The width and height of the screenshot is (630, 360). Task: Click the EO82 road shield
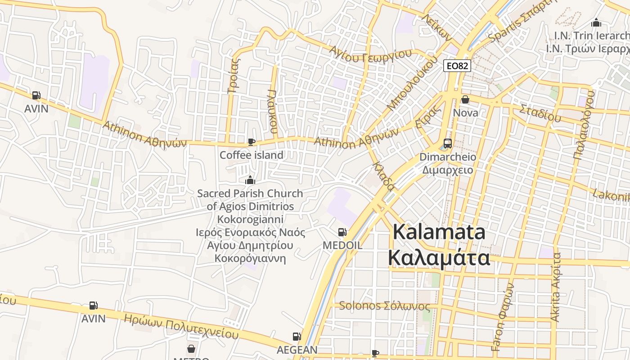click(x=457, y=66)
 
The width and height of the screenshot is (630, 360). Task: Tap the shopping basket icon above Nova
click(x=465, y=99)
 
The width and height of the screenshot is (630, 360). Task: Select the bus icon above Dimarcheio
click(x=447, y=144)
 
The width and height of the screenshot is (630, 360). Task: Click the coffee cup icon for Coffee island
click(x=251, y=142)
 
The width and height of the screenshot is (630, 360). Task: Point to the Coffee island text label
click(x=251, y=155)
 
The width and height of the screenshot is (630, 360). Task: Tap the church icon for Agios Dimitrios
click(x=250, y=180)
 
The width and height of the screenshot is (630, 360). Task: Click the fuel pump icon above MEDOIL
click(x=342, y=232)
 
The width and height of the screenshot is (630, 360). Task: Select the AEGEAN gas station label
click(x=297, y=350)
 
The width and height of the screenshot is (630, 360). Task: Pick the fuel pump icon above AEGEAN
click(x=297, y=336)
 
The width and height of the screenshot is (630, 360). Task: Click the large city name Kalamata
click(x=439, y=233)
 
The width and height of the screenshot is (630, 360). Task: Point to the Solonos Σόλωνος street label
click(x=384, y=306)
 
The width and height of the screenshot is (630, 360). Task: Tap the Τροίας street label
click(x=234, y=75)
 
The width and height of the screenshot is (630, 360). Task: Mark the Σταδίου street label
click(x=540, y=113)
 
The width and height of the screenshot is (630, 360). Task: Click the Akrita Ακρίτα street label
click(x=556, y=287)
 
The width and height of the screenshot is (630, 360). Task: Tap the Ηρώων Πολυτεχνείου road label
click(x=181, y=326)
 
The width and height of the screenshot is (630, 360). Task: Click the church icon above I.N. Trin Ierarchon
click(x=596, y=22)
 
